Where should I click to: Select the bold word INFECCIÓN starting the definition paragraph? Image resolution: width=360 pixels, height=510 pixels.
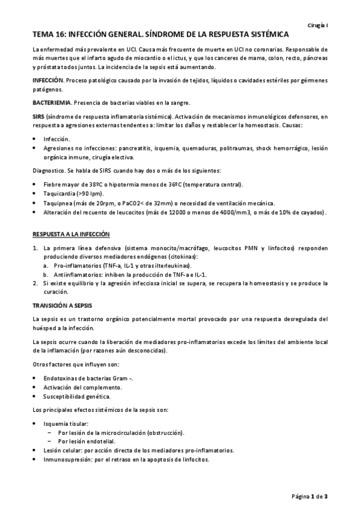point(47,80)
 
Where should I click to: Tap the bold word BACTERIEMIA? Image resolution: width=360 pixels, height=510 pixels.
point(51,102)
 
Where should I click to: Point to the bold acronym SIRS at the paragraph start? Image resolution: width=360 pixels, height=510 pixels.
point(38,116)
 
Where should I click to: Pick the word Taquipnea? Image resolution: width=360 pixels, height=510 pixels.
point(58,203)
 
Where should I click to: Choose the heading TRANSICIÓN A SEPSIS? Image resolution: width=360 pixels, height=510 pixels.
point(62,304)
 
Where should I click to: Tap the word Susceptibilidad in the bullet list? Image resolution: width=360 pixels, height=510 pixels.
point(65,396)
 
